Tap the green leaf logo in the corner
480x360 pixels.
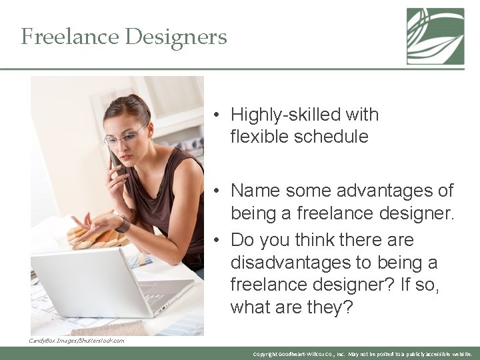tap(435, 36)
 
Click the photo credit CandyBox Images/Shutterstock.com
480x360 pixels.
tap(76, 341)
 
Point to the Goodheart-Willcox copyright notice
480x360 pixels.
tap(363, 354)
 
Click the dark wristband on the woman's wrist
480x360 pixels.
tap(123, 224)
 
